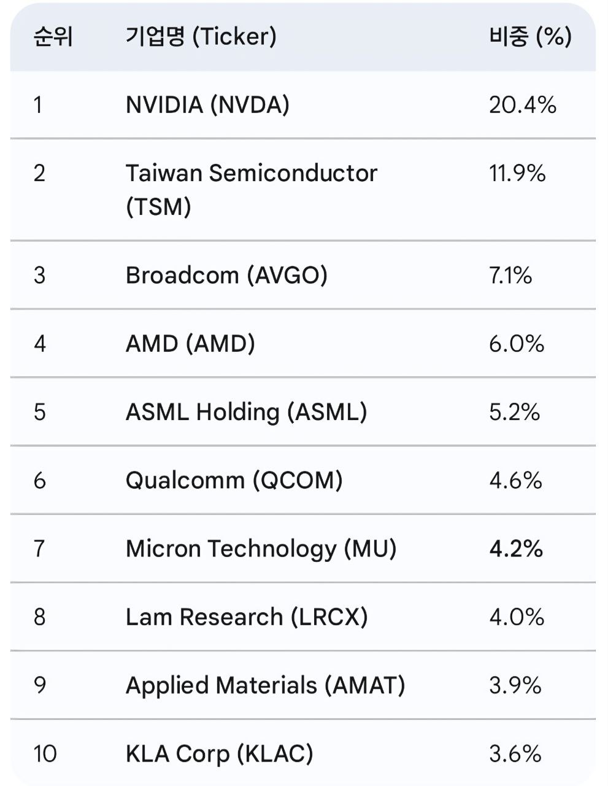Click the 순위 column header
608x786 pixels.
click(x=53, y=37)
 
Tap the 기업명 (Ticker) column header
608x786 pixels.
click(x=201, y=37)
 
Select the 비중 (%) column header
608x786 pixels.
click(x=530, y=37)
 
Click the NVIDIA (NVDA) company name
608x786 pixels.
click(x=207, y=105)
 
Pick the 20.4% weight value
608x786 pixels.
click(x=522, y=105)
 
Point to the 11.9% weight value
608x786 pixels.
click(x=517, y=173)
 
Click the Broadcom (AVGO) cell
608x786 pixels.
click(x=226, y=275)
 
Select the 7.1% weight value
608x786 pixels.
click(x=510, y=275)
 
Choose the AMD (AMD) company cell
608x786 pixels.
click(x=190, y=343)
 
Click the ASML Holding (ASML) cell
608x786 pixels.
click(x=246, y=411)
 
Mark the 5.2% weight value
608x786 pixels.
click(x=514, y=411)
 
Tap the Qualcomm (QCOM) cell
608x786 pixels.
click(x=234, y=480)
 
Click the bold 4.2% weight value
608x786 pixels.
click(x=515, y=548)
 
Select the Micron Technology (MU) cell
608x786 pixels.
click(x=261, y=548)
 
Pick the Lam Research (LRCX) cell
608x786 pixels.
click(x=247, y=617)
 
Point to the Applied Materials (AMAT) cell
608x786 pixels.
click(x=265, y=685)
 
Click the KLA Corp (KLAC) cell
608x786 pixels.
click(x=219, y=753)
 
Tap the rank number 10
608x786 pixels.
click(x=45, y=753)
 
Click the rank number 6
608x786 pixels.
click(x=40, y=480)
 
